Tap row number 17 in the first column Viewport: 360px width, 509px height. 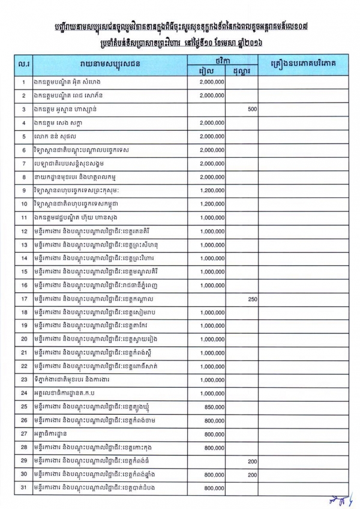click(x=23, y=298)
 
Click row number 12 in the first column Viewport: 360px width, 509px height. click(x=23, y=231)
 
